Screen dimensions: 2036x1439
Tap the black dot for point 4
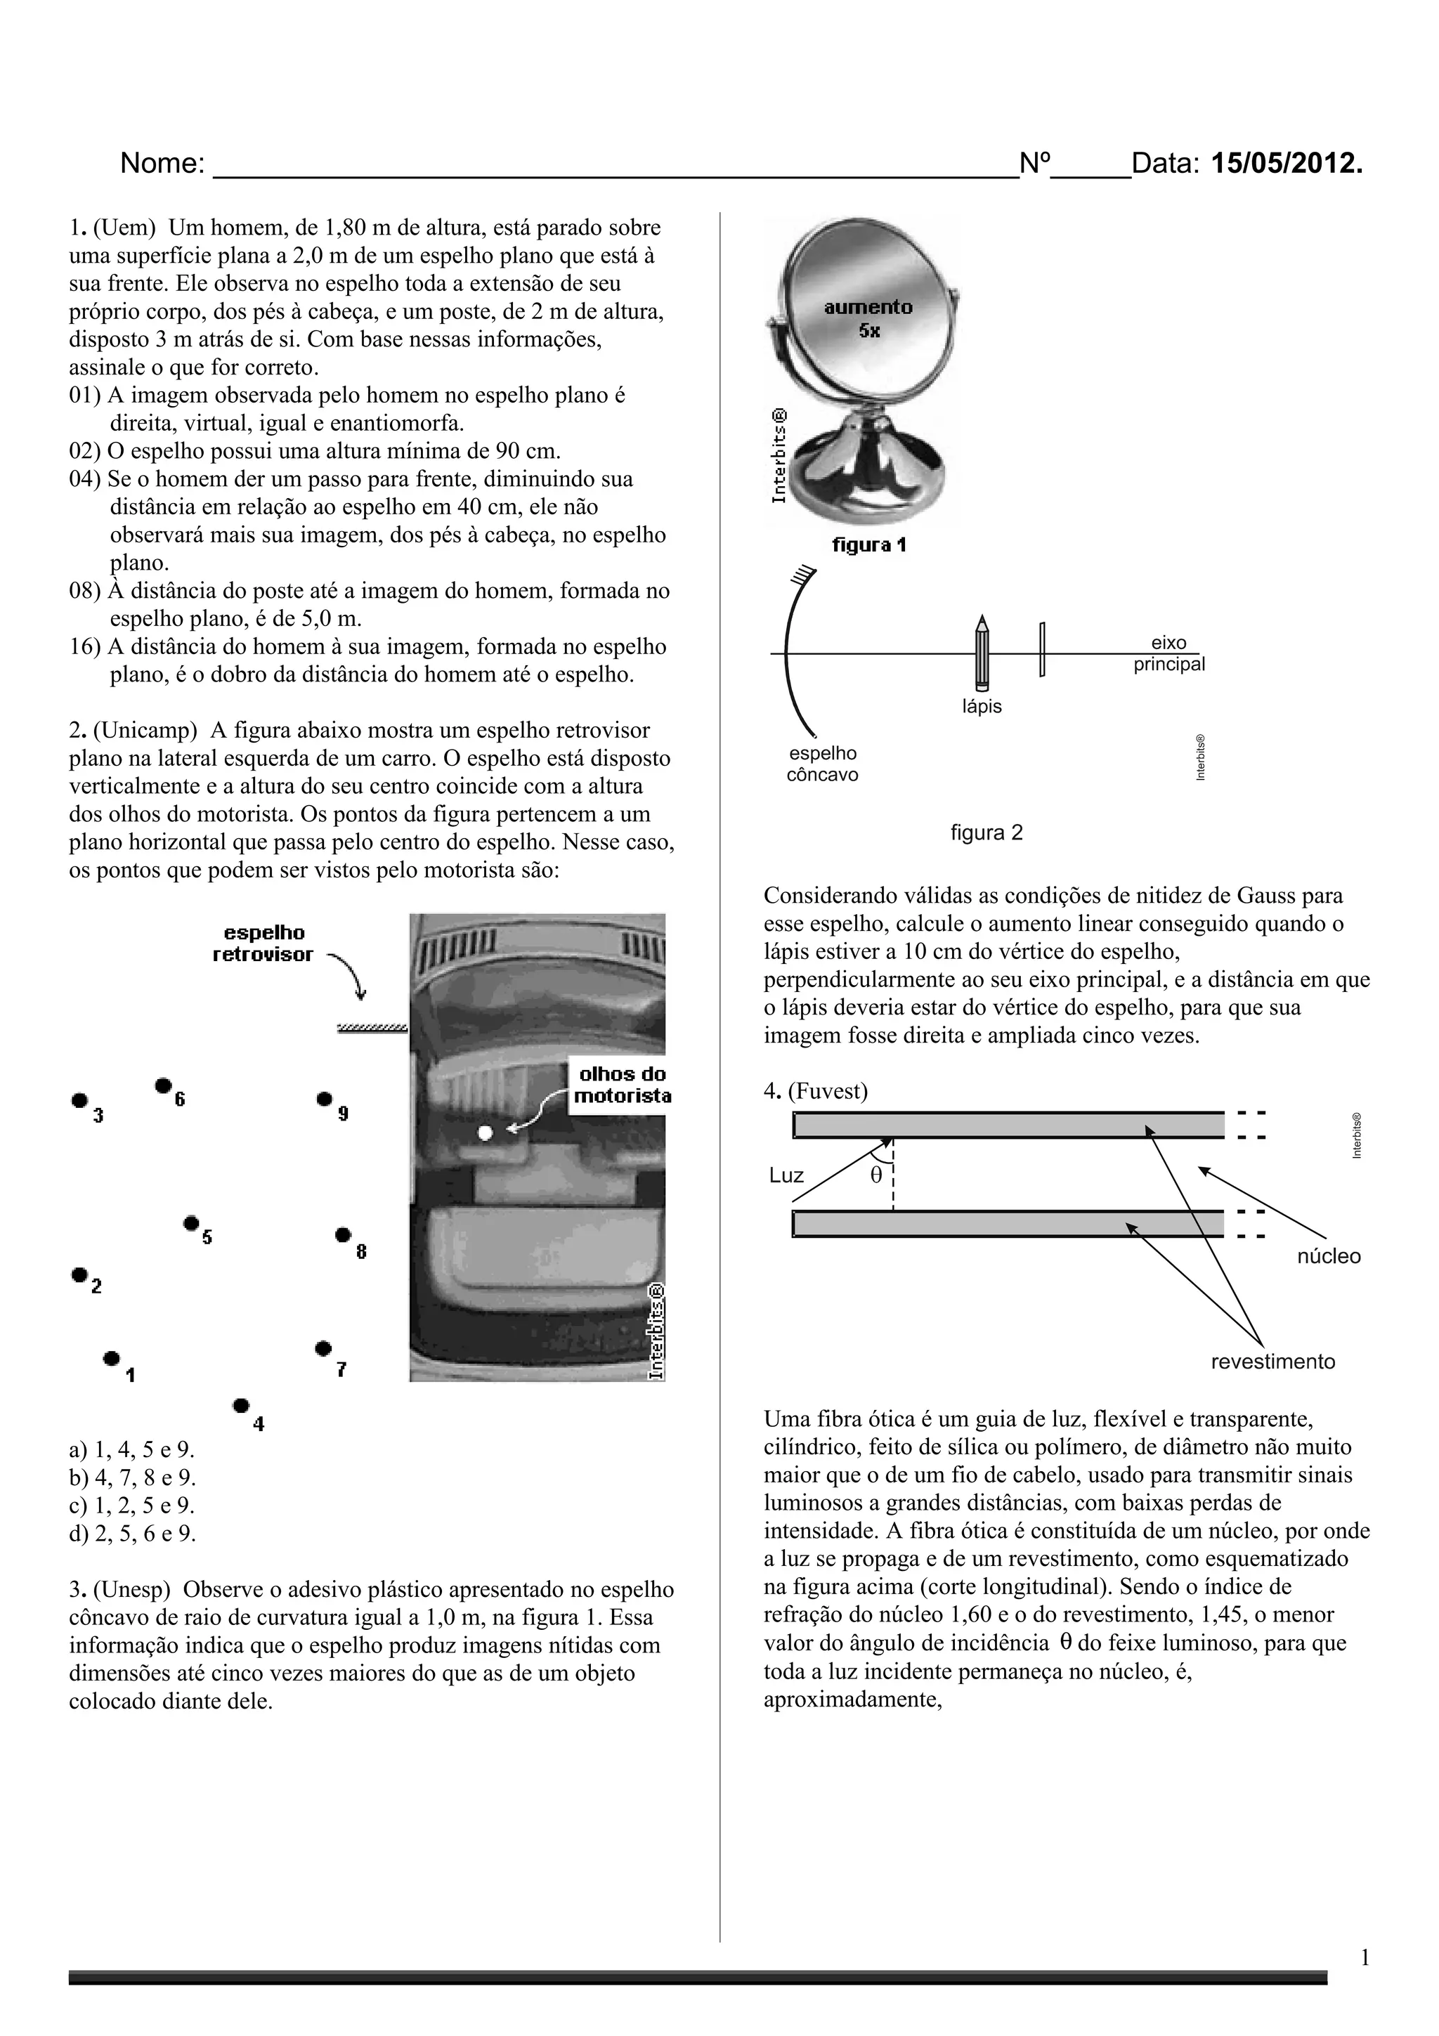[x=240, y=1404]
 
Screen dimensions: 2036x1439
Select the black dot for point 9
[x=325, y=1099]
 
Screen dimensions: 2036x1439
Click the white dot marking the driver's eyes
[x=484, y=1133]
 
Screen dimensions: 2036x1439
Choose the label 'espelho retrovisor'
[x=263, y=944]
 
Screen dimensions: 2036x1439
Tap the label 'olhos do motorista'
[x=623, y=1085]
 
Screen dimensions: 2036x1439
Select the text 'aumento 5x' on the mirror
[x=868, y=318]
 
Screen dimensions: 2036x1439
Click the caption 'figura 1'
[x=869, y=545]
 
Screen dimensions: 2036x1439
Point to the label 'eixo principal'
[x=1168, y=653]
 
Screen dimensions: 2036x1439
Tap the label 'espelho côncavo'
[x=823, y=764]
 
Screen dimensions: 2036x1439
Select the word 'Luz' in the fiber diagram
[x=786, y=1176]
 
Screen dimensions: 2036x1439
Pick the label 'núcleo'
[x=1328, y=1255]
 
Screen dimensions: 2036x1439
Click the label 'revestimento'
[x=1272, y=1361]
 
